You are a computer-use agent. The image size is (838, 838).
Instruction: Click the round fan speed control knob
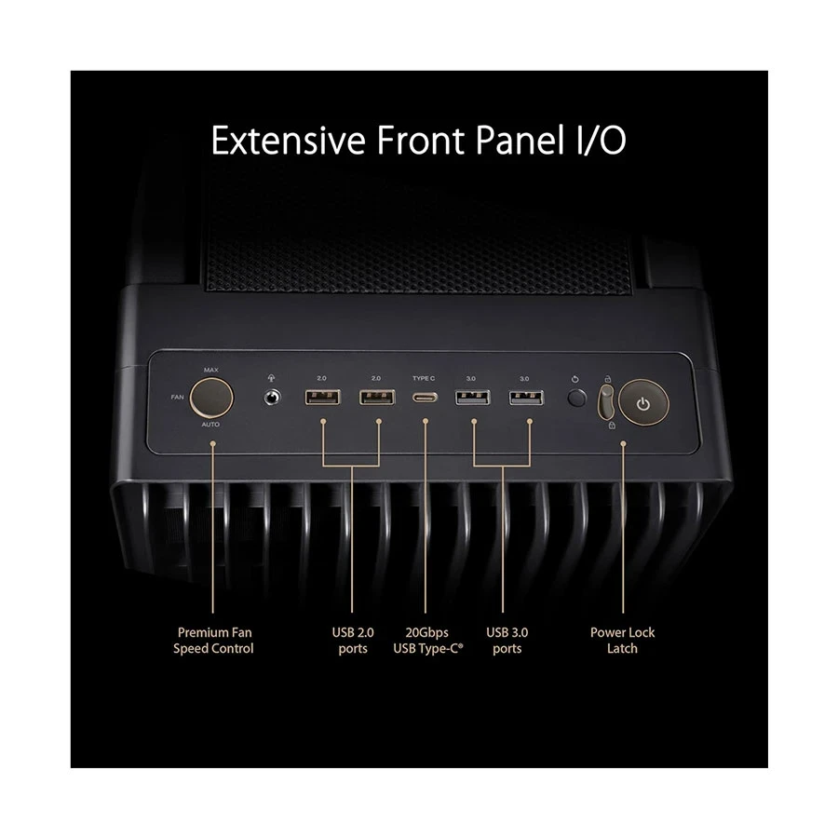point(211,397)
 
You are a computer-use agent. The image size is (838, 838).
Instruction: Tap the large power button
point(643,403)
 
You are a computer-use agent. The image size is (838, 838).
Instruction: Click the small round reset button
point(576,399)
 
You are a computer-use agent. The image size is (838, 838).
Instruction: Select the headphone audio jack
point(273,398)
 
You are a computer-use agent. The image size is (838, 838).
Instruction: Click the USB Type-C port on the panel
point(425,398)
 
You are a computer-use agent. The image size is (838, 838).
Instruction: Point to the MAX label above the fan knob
point(211,370)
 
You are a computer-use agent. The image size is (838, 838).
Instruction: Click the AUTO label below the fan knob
point(210,425)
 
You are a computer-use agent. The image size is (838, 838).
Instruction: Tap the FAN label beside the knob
point(178,397)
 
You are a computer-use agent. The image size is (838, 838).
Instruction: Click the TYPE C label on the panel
point(424,378)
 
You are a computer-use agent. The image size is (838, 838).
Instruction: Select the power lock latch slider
point(606,403)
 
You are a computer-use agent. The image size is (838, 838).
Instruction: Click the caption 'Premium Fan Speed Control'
point(214,641)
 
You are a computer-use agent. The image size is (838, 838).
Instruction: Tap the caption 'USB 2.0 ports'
point(353,641)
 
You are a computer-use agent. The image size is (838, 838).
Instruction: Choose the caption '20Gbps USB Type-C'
point(428,641)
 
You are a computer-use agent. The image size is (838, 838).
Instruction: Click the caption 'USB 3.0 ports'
point(507,641)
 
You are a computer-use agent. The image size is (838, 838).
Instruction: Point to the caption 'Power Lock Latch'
point(623,641)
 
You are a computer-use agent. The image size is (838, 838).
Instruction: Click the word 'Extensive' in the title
point(289,140)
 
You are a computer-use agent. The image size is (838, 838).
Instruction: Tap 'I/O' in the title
point(601,140)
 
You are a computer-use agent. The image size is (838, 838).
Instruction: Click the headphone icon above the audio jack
point(272,378)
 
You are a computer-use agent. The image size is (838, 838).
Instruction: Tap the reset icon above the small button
point(575,379)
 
